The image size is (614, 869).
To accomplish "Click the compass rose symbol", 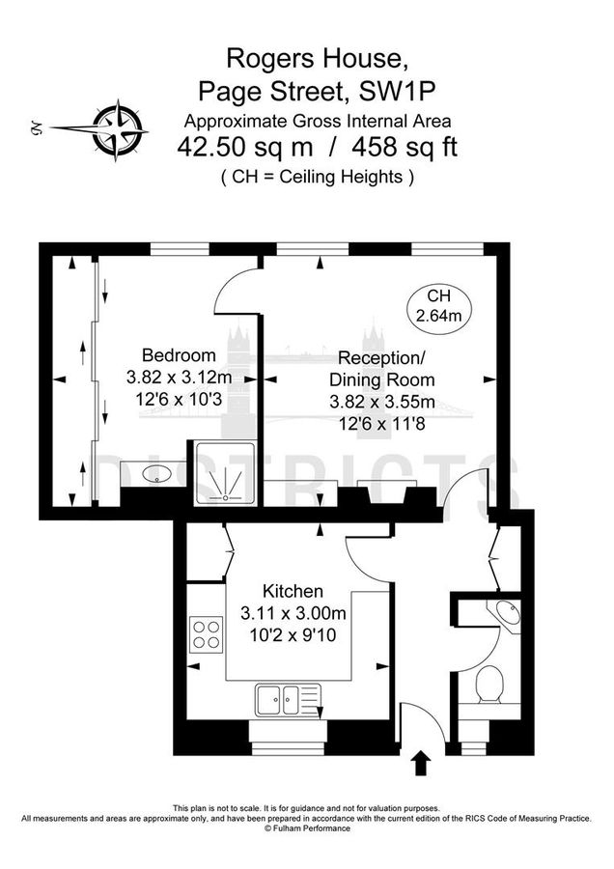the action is click(x=117, y=130).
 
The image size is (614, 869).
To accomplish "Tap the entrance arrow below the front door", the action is click(x=422, y=763).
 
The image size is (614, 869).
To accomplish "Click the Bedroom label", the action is click(x=179, y=354).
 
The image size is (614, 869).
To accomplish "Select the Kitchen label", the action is click(x=293, y=591).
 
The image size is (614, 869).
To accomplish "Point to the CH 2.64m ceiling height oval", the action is click(x=439, y=305).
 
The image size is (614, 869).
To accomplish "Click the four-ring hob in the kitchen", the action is click(x=207, y=634).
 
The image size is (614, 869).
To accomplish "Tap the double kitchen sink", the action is click(x=288, y=699).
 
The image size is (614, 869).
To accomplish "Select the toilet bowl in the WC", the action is click(x=489, y=684).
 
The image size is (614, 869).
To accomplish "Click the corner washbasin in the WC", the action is click(x=506, y=615).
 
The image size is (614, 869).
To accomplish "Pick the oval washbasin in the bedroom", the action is click(x=157, y=474).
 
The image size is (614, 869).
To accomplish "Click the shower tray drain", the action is click(x=226, y=497).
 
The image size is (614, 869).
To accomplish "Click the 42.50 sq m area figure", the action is click(x=245, y=148).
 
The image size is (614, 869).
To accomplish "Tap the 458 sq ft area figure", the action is click(x=405, y=148).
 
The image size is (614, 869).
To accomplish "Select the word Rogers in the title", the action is click(x=268, y=58).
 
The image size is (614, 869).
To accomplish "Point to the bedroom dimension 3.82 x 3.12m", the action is click(x=179, y=378).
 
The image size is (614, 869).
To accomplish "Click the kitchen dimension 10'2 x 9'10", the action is click(x=293, y=634).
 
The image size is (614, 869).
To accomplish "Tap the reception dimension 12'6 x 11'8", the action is click(x=381, y=424).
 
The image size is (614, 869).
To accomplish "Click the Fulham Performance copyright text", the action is click(x=307, y=828).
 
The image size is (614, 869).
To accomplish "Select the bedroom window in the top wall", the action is click(x=180, y=249).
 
